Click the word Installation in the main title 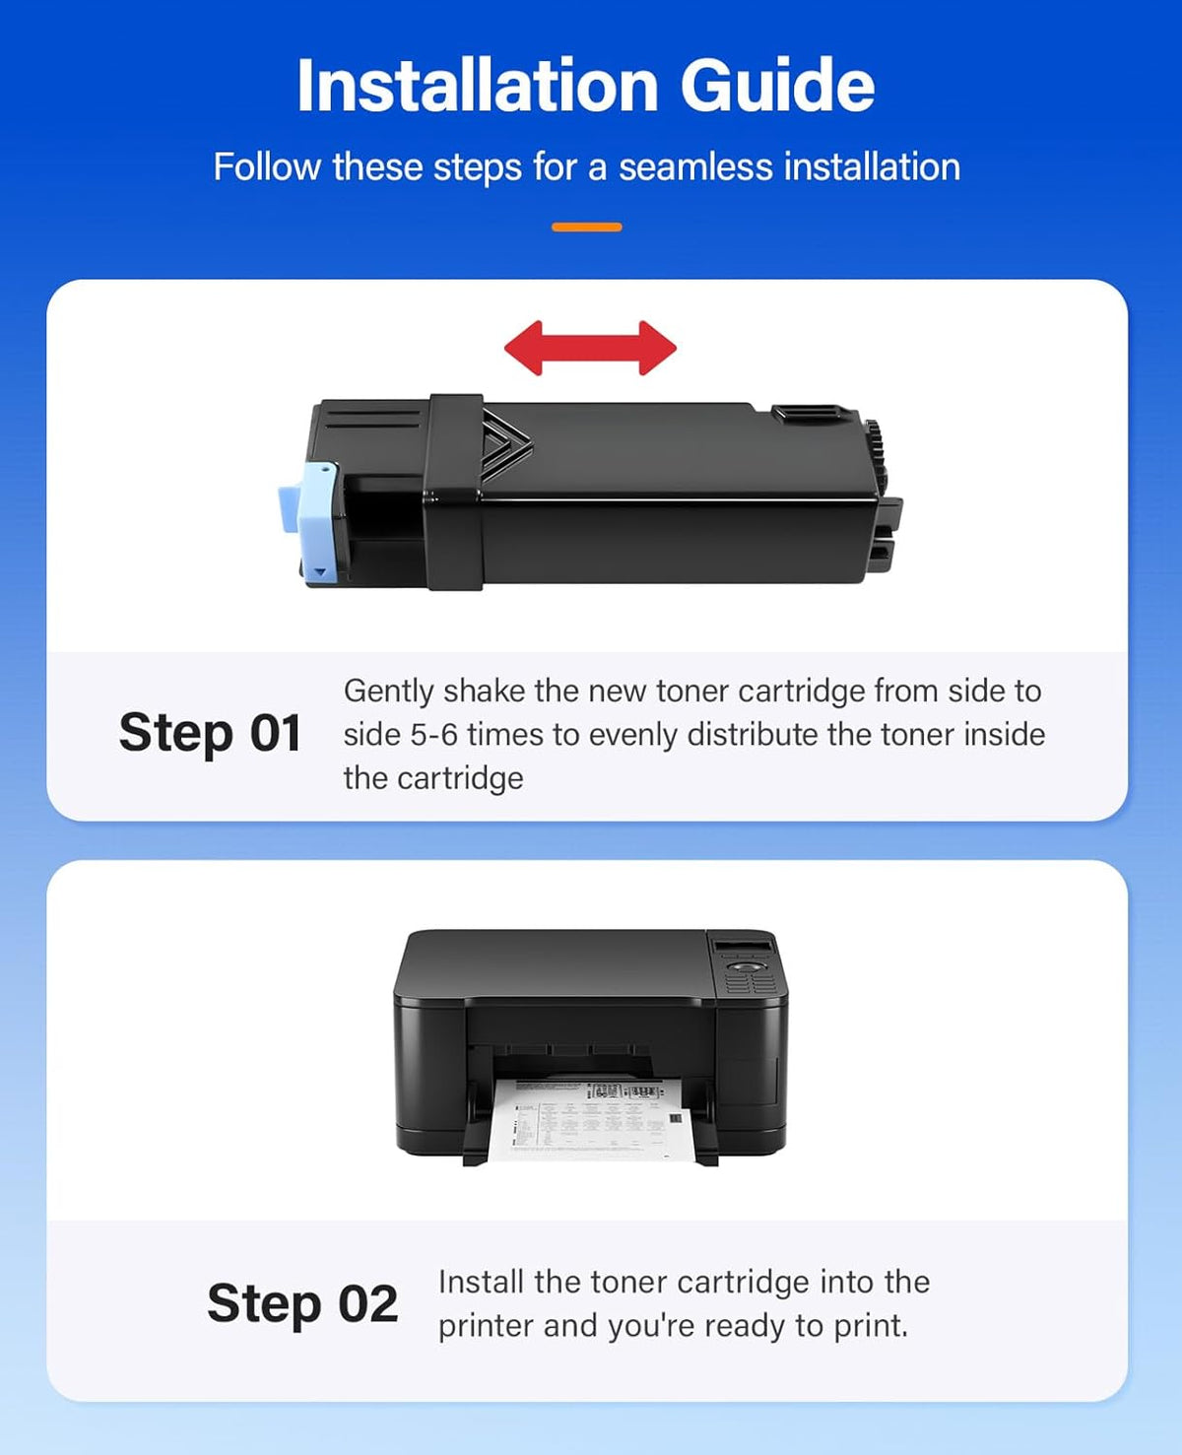478,85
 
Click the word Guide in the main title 777,85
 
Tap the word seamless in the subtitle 695,166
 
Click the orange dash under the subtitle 586,227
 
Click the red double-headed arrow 590,348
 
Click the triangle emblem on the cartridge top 504,444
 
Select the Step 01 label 210,733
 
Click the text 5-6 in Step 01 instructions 433,736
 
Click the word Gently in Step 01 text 388,692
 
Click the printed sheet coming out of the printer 591,1119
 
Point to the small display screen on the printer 744,948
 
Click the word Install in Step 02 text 482,1283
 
